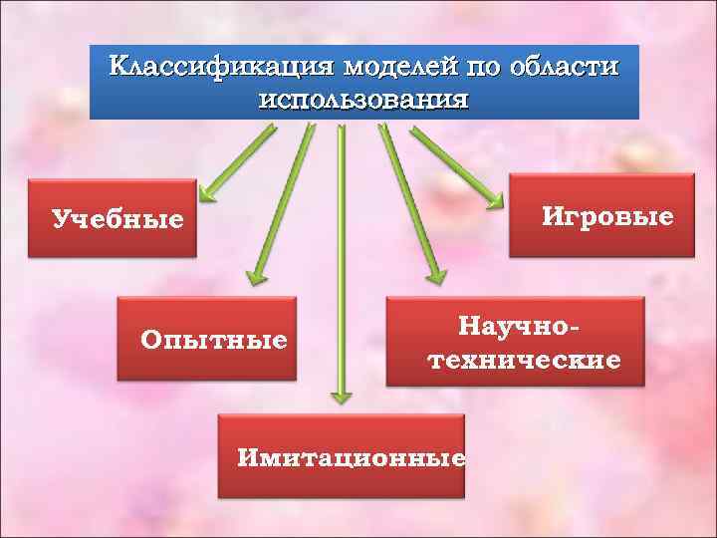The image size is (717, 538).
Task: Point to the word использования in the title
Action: [x=363, y=100]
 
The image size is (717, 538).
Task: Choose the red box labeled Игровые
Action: [x=601, y=216]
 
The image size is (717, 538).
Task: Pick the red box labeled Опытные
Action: [x=207, y=340]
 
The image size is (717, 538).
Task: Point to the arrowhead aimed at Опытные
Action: [x=255, y=276]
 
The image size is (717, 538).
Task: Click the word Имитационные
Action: [x=352, y=458]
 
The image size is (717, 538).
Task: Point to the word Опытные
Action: [x=214, y=341]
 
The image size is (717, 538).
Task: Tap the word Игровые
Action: [x=607, y=216]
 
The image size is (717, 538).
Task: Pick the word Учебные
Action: [x=118, y=219]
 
